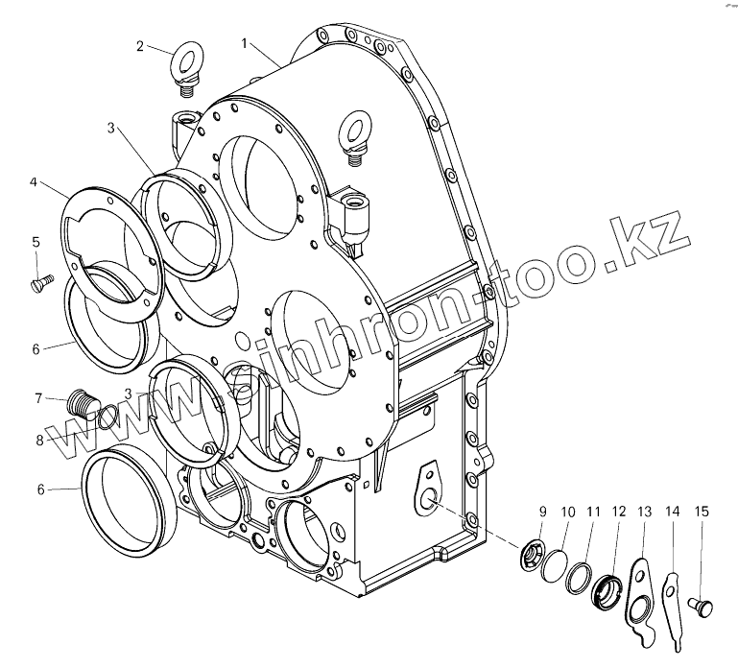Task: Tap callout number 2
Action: (140, 46)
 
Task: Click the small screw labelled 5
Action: (39, 283)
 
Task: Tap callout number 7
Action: (38, 398)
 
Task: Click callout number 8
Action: (39, 440)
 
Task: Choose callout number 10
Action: (567, 513)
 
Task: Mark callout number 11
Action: (594, 513)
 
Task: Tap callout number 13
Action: (644, 513)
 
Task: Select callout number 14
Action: (672, 513)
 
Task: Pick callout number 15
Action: (702, 513)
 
